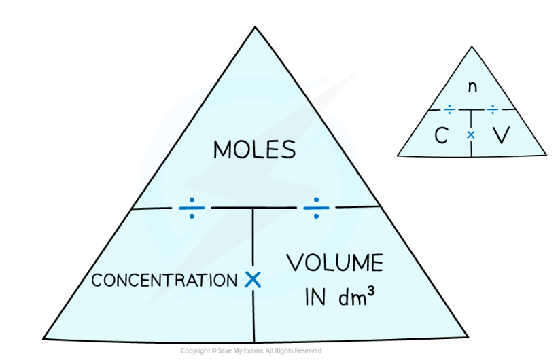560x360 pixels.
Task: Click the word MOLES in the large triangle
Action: [254, 149]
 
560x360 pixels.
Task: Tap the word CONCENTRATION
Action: [164, 280]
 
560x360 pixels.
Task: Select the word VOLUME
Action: [334, 263]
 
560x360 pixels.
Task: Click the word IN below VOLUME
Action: [315, 297]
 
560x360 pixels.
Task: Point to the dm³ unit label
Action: [356, 296]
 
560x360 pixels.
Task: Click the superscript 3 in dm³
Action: [370, 291]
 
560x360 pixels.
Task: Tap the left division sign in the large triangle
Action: [192, 208]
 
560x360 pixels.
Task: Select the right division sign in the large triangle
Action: [316, 208]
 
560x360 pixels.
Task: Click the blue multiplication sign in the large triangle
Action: [253, 279]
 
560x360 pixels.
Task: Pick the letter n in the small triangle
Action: [472, 87]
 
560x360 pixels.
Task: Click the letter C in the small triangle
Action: [441, 136]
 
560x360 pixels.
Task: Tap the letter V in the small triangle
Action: [501, 135]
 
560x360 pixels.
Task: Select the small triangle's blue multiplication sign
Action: [471, 135]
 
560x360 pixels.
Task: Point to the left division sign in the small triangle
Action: [449, 109]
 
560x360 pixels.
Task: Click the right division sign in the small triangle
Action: [493, 109]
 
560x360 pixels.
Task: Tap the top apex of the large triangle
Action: [255, 26]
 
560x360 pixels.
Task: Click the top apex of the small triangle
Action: [472, 46]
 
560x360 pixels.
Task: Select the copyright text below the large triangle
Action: [251, 350]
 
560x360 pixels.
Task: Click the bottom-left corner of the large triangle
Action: [43, 338]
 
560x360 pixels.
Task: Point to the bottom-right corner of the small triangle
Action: [546, 155]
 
